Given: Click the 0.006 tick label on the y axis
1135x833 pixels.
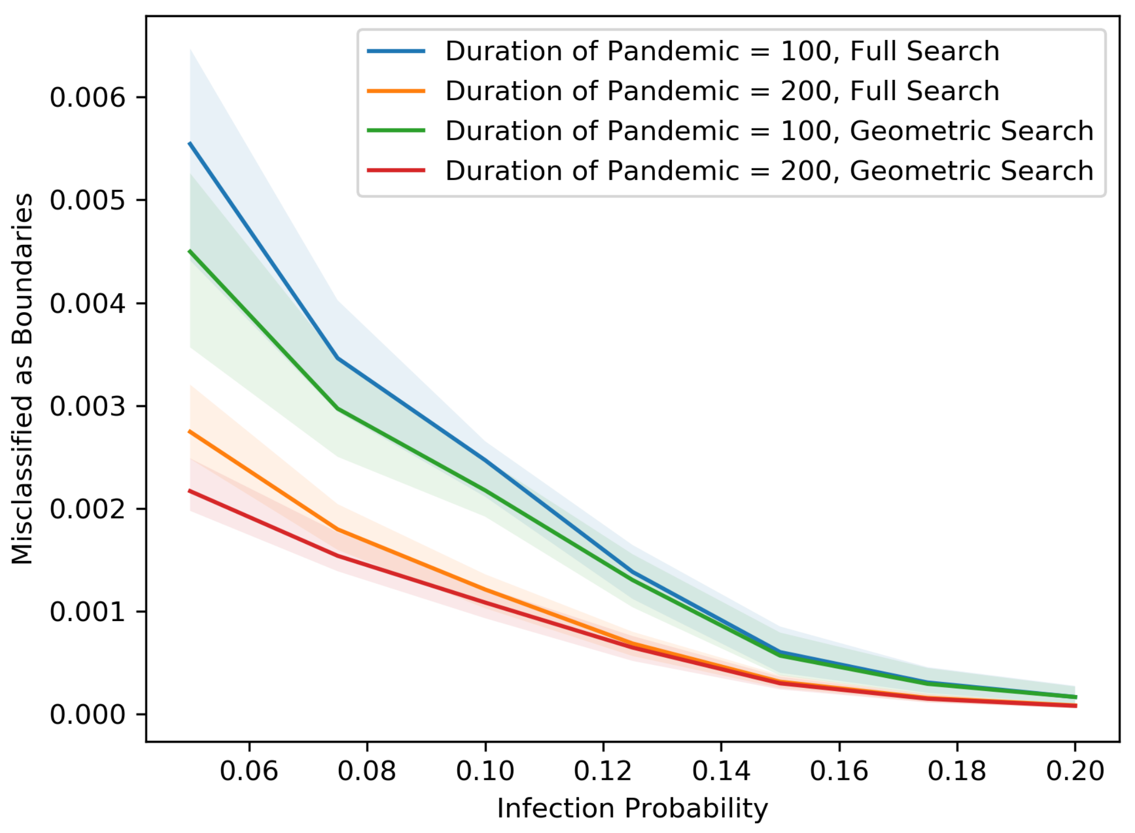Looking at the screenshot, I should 88,98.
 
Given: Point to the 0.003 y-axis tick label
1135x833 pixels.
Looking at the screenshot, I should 88,406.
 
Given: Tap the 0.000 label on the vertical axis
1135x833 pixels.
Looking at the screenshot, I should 88,715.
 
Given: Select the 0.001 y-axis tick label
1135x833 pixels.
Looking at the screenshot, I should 88,612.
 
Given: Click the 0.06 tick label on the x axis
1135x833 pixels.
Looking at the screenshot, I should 249,771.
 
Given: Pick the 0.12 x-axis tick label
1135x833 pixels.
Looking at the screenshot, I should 603,771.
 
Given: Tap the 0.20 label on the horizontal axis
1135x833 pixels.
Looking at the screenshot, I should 1075,771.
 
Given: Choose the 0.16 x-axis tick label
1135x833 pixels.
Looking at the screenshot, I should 839,771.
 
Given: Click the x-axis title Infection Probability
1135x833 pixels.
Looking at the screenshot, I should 632,809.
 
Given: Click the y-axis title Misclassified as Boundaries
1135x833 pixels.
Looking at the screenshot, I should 23,378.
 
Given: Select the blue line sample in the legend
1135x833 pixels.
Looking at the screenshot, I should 396,51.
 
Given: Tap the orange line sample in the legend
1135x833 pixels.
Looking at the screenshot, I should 396,91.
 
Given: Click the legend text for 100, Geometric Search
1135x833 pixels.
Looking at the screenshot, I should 769,131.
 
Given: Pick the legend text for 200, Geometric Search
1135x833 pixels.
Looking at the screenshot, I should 769,171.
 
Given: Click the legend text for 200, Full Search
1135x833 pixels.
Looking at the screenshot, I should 722,91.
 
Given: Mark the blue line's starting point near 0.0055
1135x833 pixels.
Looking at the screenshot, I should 190,143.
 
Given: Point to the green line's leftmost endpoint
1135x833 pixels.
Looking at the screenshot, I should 190,251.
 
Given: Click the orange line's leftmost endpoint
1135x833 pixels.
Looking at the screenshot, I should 190,432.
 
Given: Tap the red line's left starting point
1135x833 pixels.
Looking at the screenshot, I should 190,491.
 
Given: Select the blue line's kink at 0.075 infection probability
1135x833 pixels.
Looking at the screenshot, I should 338,358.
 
